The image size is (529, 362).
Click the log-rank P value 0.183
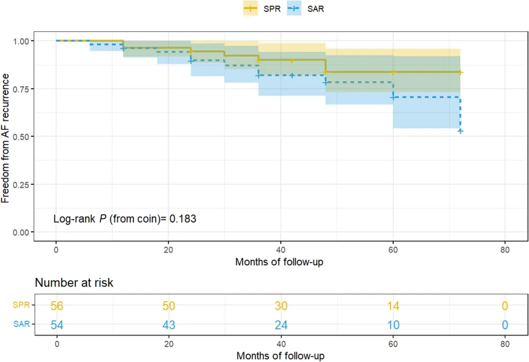(183, 219)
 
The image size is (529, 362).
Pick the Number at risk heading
(74, 283)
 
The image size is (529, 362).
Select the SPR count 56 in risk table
(57, 306)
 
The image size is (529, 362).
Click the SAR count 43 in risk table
(168, 324)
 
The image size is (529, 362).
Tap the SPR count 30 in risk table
(281, 306)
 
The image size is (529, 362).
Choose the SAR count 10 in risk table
(392, 324)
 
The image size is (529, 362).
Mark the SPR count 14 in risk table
(392, 306)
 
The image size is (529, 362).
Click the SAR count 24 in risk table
(281, 324)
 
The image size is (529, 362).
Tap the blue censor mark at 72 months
(460, 131)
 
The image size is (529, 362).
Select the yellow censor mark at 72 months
(460, 72)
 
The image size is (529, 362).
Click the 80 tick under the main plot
(505, 249)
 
